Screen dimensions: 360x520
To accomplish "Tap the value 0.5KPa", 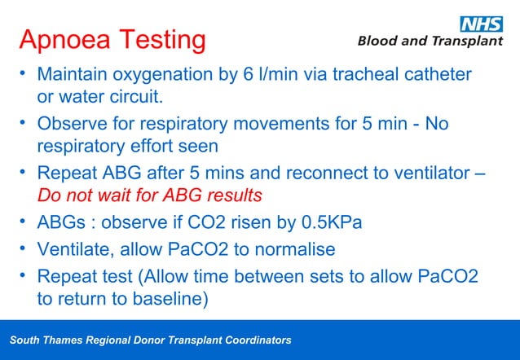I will tap(332, 223).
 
